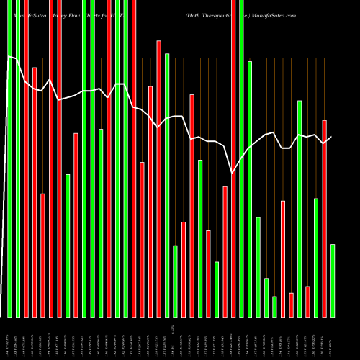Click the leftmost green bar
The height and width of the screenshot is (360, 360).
(10, 158)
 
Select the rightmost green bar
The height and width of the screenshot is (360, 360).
(333, 281)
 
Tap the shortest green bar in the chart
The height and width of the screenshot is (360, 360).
(274, 307)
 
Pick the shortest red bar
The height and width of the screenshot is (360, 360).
(291, 305)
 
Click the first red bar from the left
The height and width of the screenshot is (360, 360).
(26, 158)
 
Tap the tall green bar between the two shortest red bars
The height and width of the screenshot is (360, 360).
(300, 209)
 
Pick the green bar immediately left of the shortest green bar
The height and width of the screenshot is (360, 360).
(266, 297)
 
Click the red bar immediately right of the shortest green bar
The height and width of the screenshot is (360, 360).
(283, 258)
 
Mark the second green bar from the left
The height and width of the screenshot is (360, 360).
(18, 158)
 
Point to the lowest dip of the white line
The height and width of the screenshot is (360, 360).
(232, 172)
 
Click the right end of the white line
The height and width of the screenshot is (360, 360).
(331, 137)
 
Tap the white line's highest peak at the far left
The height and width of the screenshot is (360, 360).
(9, 55)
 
